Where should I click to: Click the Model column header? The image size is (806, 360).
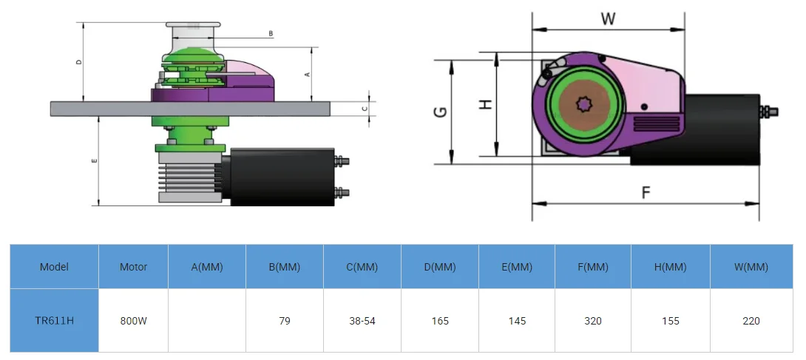coord(54,267)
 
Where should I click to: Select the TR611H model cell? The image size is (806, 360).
coord(54,321)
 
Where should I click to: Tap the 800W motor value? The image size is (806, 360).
coord(133,321)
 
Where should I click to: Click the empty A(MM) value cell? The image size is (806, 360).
coord(207,321)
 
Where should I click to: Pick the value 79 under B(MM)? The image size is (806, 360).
coord(285,321)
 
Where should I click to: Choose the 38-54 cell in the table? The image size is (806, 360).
coord(362,321)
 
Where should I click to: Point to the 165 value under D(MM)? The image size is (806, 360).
coord(440,321)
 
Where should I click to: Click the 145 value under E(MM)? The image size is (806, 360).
coord(517,321)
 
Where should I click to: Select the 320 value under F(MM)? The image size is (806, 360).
coord(592,321)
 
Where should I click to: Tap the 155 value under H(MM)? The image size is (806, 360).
coord(671,321)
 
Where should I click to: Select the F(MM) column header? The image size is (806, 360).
coord(592,267)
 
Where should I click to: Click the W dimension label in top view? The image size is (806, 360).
coord(608,19)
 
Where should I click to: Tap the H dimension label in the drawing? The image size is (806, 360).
coord(486,105)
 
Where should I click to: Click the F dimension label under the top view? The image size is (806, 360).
coord(646,193)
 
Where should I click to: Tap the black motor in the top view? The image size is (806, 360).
coord(721,129)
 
